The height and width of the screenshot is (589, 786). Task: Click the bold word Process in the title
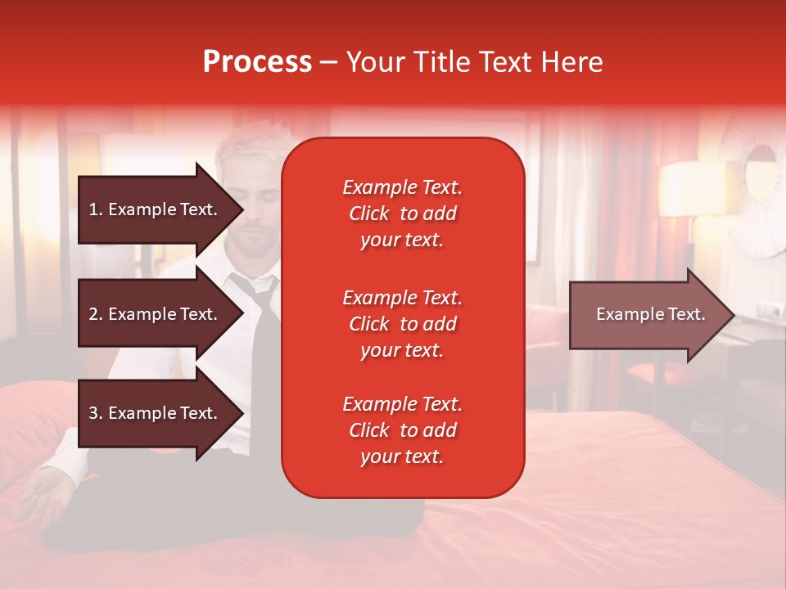(257, 62)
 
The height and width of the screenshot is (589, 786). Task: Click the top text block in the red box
(402, 214)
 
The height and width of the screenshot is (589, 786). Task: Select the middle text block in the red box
(402, 324)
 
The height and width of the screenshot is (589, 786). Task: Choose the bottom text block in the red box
(402, 430)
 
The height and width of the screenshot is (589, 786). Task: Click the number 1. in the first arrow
(96, 209)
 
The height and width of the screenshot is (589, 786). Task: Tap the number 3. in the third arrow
(96, 413)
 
